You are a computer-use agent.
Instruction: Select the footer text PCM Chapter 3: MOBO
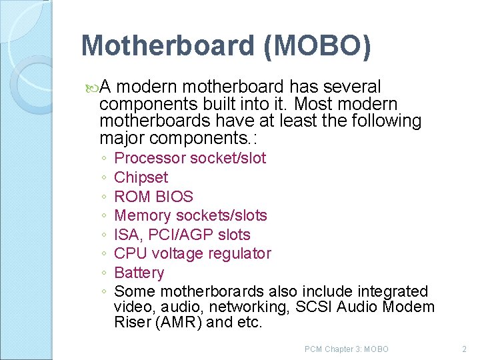tap(346, 349)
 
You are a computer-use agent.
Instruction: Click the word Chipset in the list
tap(141, 177)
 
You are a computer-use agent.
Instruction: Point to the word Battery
tap(139, 273)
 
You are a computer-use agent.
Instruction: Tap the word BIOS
tap(174, 197)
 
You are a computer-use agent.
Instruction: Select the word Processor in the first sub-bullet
tap(150, 158)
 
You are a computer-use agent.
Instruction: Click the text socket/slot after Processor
tap(228, 158)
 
